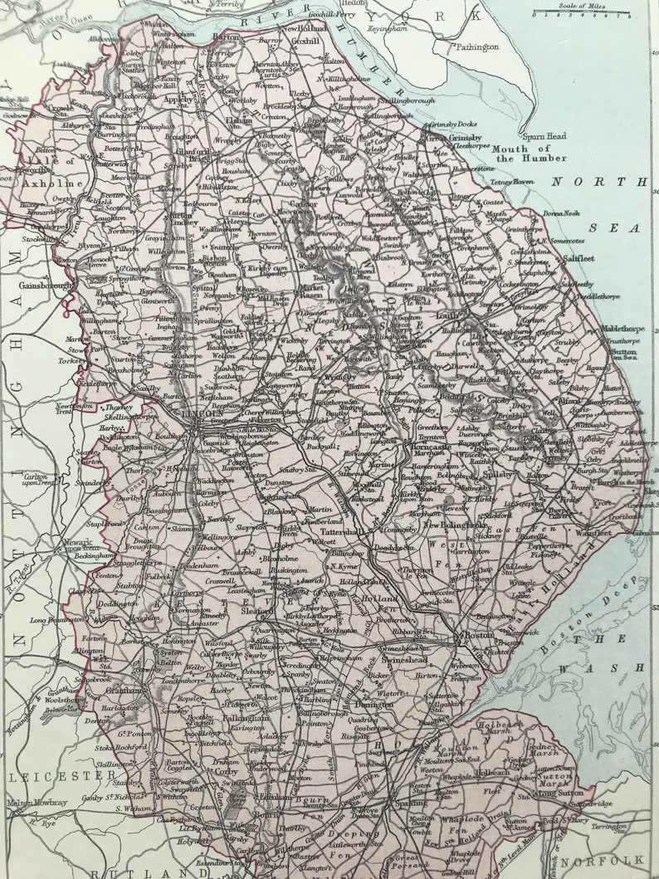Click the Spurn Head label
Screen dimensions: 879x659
[544, 136]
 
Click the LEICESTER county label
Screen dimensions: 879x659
[63, 775]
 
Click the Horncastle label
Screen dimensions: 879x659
[430, 447]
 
